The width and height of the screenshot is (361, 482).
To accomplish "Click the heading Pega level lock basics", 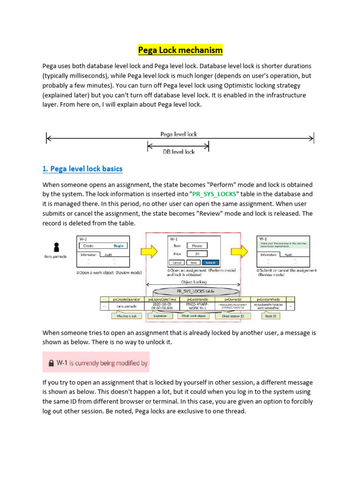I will (x=83, y=169).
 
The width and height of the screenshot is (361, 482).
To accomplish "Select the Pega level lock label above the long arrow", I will (x=179, y=134).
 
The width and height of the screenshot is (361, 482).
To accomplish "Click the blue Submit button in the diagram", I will (x=210, y=262).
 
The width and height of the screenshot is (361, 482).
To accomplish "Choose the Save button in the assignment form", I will (x=193, y=262).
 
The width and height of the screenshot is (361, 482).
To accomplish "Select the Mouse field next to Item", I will (x=197, y=245).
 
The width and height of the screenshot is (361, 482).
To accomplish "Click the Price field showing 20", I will (x=197, y=254).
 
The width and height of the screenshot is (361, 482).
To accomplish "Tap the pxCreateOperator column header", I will (x=126, y=299).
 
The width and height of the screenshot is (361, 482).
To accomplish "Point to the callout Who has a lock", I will (x=126, y=316).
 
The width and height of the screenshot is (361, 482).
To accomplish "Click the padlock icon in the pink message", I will (x=50, y=363).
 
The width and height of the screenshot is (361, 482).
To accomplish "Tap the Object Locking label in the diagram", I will (x=194, y=282).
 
